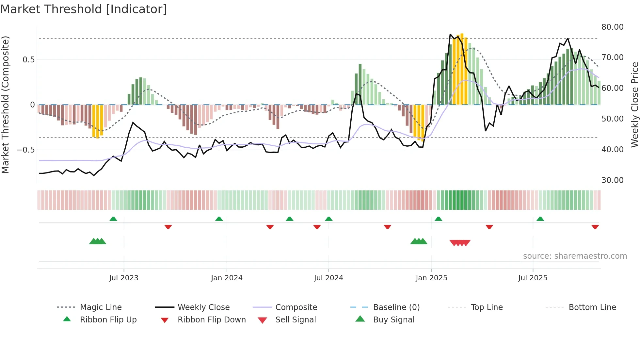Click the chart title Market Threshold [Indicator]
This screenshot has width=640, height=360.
pos(84,9)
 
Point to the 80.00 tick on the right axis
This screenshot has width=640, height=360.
pos(612,27)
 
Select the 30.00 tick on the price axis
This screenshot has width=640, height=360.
pos(612,180)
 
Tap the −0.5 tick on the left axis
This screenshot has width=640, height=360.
pos(25,150)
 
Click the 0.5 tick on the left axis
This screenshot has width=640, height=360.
pos(28,60)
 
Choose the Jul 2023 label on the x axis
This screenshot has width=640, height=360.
pos(124,278)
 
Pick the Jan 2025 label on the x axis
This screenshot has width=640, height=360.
pos(431,278)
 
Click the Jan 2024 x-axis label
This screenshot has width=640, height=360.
pos(227,278)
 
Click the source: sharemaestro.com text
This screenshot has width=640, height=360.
pos(575,256)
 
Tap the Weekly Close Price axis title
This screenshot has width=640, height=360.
pos(634,105)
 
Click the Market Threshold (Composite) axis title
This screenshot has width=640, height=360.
pos(5,105)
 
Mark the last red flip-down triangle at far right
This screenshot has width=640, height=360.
pos(595,227)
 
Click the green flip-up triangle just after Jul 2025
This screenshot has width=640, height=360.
pos(540,219)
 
